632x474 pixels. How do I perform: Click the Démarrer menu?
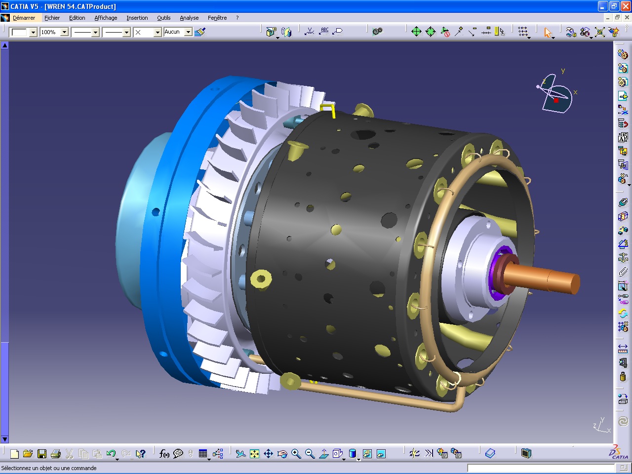(24, 18)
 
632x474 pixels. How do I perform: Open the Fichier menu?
(52, 18)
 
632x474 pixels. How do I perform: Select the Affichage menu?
(106, 18)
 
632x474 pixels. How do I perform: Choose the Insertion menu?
(137, 18)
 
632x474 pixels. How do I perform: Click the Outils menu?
(163, 18)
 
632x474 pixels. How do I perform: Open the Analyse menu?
(189, 18)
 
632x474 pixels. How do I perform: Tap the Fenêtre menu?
(217, 18)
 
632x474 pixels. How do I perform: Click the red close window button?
(625, 6)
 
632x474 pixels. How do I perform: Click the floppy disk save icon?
(42, 454)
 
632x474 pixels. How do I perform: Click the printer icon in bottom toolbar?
(56, 454)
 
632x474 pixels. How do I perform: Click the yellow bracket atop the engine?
(327, 109)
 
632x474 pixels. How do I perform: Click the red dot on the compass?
(556, 100)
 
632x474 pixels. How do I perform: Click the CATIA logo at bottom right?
(618, 452)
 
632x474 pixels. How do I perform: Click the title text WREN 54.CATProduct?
(80, 6)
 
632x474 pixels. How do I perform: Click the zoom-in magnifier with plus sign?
(296, 454)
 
